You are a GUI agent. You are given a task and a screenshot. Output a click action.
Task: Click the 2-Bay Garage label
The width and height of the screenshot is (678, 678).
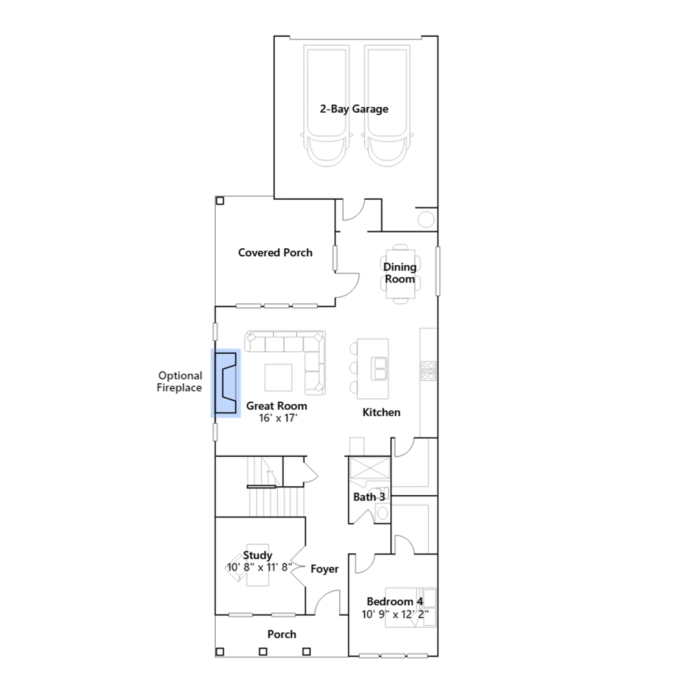[354, 109]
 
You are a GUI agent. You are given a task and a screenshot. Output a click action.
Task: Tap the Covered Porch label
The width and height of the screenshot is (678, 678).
[275, 253]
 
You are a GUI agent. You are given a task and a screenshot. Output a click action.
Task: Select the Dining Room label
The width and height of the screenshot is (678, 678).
[400, 273]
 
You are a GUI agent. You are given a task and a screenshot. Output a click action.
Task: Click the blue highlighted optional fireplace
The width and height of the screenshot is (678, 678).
[226, 383]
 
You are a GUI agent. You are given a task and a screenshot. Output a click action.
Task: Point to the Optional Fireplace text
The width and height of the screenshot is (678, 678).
[180, 381]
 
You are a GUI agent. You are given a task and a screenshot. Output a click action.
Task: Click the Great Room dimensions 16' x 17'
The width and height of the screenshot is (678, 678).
[278, 418]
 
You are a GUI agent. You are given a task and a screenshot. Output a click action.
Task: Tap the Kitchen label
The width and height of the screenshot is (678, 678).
[381, 412]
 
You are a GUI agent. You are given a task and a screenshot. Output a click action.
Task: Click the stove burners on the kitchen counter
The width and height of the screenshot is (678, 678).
[428, 371]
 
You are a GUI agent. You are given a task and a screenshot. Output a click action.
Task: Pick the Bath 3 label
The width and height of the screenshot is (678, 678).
[369, 497]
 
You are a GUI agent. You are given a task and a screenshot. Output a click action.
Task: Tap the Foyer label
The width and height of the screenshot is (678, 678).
[325, 569]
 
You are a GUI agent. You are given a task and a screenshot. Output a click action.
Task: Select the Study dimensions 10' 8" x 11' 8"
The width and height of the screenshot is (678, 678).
[259, 567]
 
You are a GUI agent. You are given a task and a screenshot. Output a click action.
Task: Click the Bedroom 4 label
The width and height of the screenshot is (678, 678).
[395, 601]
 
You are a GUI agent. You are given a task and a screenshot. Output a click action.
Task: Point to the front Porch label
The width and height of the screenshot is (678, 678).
[282, 634]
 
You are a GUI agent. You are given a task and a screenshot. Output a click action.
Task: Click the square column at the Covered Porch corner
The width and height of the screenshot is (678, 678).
[220, 200]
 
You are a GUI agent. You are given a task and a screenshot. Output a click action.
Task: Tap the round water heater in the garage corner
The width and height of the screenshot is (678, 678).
[426, 220]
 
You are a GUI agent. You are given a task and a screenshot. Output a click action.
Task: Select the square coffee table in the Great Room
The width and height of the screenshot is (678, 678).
[278, 377]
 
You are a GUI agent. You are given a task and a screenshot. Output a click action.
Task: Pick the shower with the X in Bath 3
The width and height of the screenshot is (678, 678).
[370, 468]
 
